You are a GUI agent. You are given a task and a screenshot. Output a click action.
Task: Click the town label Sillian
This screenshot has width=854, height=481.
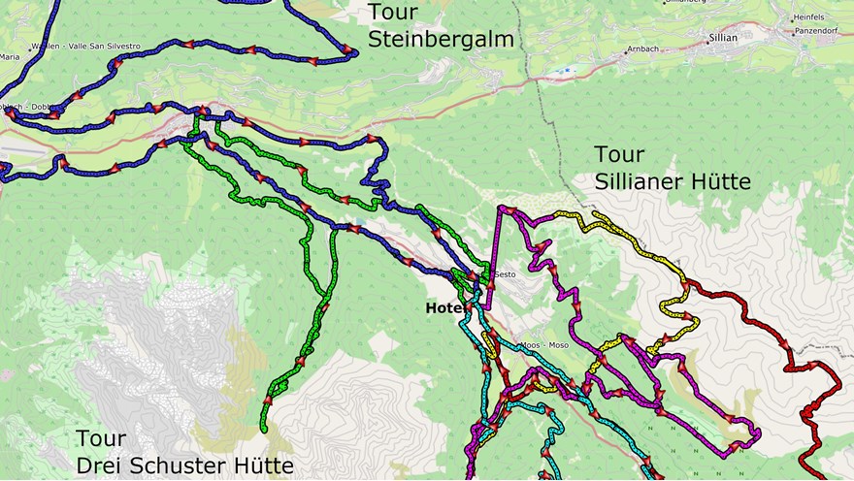(724, 38)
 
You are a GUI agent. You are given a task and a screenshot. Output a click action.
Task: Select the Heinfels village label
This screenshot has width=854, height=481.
(807, 16)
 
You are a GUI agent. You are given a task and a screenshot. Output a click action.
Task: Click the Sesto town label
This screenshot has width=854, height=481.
(505, 274)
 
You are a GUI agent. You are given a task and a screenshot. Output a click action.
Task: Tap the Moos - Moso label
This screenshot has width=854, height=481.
(544, 345)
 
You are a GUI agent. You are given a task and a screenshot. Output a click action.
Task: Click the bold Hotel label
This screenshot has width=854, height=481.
(443, 307)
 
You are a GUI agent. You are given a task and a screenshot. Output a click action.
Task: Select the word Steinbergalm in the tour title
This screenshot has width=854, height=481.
(441, 39)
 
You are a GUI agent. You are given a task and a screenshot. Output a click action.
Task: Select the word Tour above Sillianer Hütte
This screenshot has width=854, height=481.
(619, 154)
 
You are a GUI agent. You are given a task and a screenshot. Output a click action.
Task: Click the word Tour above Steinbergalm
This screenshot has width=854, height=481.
(393, 13)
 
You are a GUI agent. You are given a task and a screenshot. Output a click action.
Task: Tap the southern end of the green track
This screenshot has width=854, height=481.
(264, 428)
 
